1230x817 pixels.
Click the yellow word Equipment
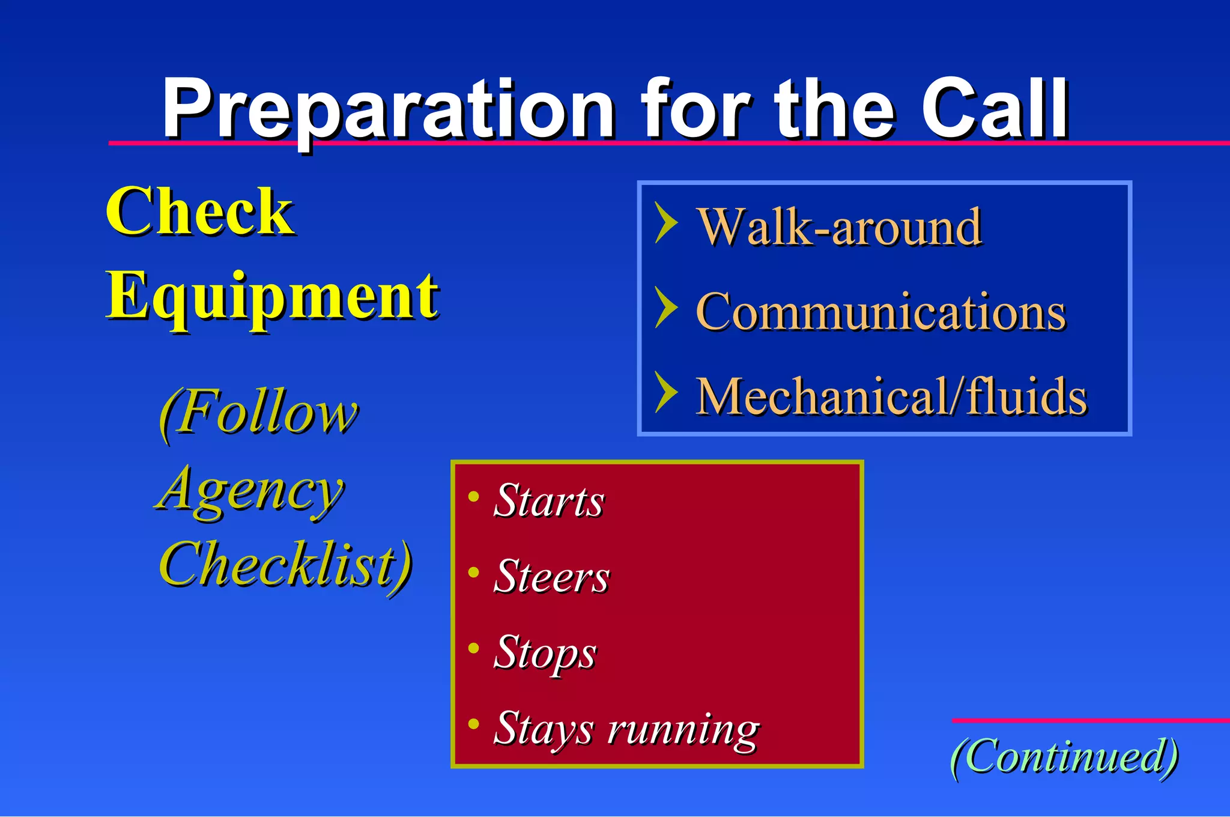(x=272, y=297)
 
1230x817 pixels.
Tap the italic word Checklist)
(x=285, y=565)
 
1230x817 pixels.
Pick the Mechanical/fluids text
(x=891, y=396)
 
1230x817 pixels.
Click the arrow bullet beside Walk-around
(x=665, y=223)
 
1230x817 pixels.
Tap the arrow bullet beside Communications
(x=665, y=308)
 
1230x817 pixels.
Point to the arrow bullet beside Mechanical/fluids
(x=665, y=392)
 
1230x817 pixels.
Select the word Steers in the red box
(x=551, y=577)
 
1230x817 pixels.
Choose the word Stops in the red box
(x=544, y=653)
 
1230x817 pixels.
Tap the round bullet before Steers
(x=474, y=572)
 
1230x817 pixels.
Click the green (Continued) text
(x=1064, y=757)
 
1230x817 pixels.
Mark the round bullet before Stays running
(x=474, y=724)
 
